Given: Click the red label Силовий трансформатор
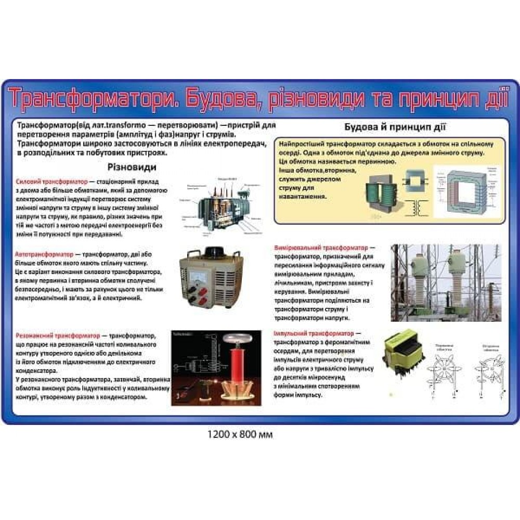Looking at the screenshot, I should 52,183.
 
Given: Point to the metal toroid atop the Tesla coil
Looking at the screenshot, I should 234,340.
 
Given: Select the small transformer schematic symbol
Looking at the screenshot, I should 414,207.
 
